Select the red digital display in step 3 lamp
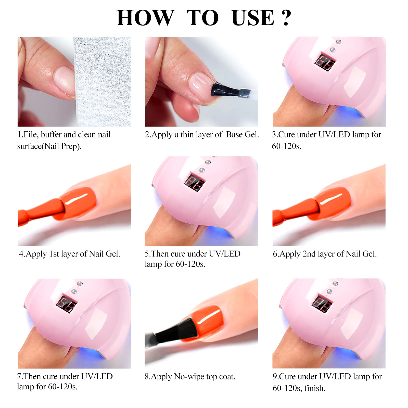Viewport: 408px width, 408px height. (x=325, y=62)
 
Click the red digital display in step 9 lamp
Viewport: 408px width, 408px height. (x=322, y=304)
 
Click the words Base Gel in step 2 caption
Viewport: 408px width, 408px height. (x=242, y=134)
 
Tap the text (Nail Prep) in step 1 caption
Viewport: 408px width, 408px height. (x=61, y=146)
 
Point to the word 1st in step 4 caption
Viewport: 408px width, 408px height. (x=54, y=254)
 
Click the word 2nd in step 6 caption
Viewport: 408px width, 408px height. (x=309, y=254)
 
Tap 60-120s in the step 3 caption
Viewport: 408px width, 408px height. (x=286, y=146)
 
